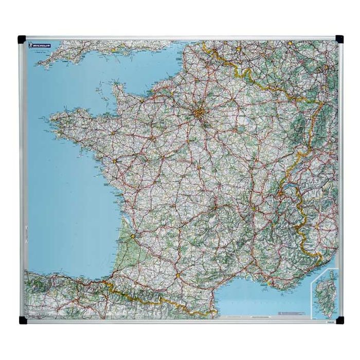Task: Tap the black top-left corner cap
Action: pyautogui.click(x=22, y=39)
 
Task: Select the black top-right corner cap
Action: pyautogui.click(x=339, y=39)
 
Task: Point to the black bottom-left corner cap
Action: pyautogui.click(x=22, y=320)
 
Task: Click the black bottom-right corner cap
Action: pyautogui.click(x=339, y=320)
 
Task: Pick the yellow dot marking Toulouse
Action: pyautogui.click(x=178, y=275)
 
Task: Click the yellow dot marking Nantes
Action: pyautogui.click(x=114, y=162)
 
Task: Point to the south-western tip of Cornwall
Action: pyautogui.click(x=39, y=66)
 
